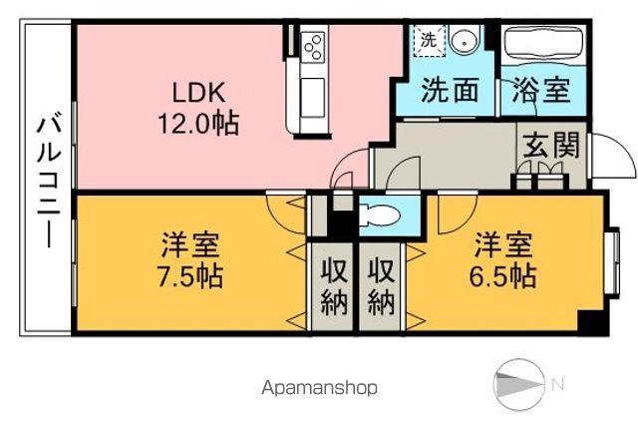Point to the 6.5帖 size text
(503, 274)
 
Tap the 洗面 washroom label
(446, 91)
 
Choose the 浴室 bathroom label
(542, 91)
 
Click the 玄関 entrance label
(548, 145)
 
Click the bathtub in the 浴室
(542, 45)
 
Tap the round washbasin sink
(462, 42)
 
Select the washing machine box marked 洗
(428, 42)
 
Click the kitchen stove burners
(313, 47)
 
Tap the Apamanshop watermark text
(321, 388)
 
